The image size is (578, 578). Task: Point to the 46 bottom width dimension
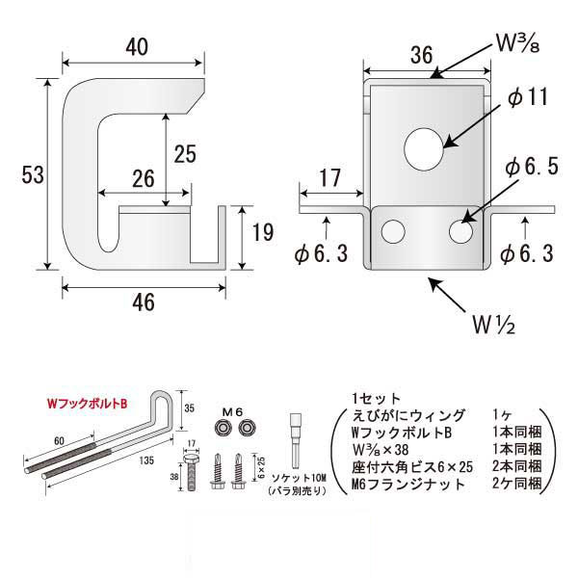click(143, 302)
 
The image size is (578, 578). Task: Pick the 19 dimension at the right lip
click(262, 232)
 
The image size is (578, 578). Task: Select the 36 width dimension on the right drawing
click(420, 57)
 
